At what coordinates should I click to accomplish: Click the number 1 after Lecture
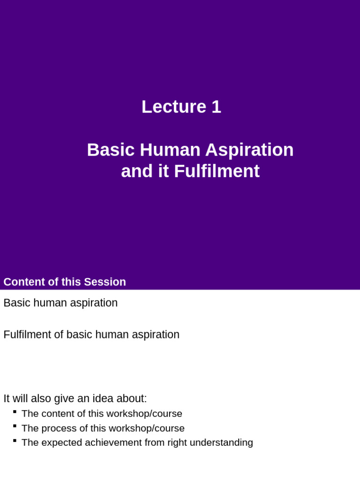(216, 107)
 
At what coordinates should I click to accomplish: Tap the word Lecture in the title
(173, 107)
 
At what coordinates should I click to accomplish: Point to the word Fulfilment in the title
(217, 171)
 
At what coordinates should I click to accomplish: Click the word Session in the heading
(105, 282)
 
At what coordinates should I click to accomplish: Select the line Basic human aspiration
(60, 303)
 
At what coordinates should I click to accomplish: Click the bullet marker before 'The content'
(15, 411)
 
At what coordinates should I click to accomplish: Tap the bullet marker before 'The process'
(15, 426)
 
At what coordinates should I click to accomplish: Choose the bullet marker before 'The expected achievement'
(15, 440)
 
